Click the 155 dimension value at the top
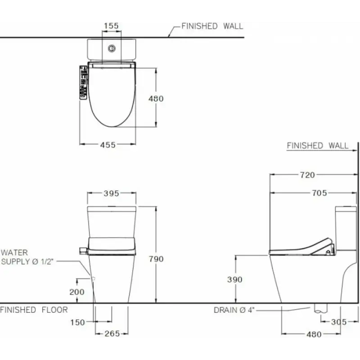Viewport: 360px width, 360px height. (111, 26)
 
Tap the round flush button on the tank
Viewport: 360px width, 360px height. (112, 49)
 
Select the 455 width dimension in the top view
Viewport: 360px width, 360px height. (108, 145)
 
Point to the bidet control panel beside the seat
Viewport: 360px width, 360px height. (83, 82)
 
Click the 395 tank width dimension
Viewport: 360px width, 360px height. (111, 193)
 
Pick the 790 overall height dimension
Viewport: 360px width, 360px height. (156, 259)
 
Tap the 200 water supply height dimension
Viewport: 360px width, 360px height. (77, 292)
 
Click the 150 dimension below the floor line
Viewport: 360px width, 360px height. (77, 322)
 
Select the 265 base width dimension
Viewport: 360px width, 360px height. (112, 333)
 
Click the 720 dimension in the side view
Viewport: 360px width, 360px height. (307, 175)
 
